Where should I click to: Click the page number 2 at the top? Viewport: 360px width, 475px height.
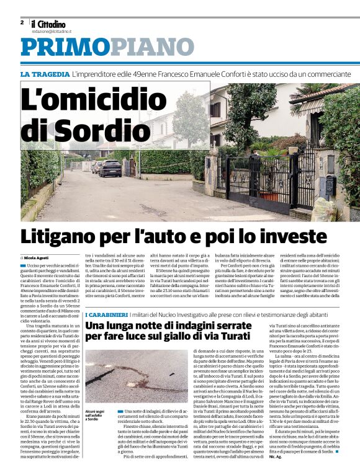22,22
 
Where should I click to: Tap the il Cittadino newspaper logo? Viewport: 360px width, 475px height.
49,24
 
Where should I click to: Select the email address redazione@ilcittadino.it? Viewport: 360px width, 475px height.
52,31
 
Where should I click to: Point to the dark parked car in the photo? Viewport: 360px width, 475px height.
110,168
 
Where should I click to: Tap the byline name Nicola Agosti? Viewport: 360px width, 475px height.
37,257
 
